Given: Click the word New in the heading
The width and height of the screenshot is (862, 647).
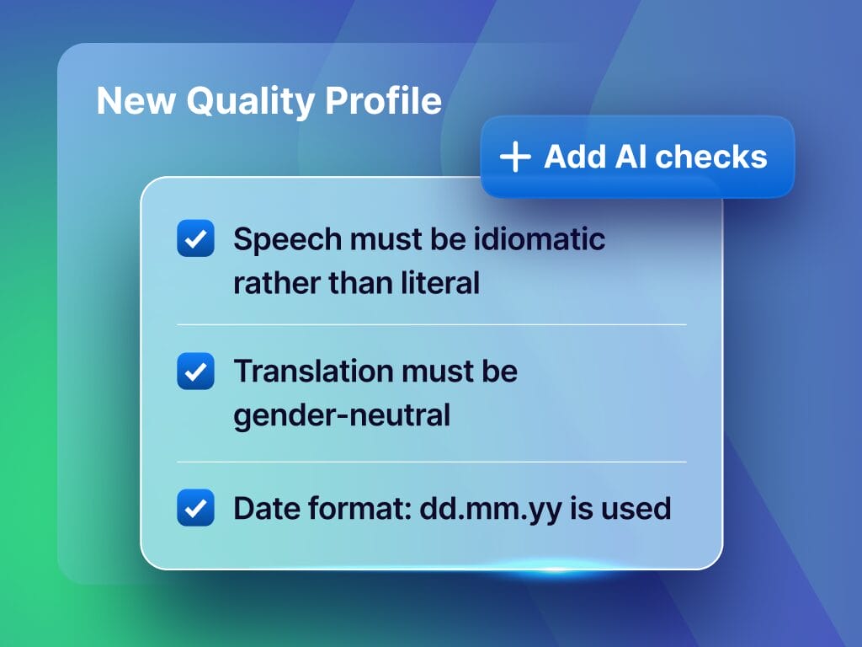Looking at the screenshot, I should [x=135, y=102].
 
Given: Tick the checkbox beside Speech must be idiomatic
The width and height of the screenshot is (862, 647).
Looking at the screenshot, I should [x=195, y=239].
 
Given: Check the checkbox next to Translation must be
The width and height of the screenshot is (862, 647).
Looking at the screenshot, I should [x=195, y=372].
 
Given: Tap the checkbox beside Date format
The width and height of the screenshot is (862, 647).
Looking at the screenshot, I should [x=195, y=508].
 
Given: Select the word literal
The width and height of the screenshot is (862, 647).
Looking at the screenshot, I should [x=442, y=282].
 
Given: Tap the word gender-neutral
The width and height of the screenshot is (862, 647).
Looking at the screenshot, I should [x=342, y=415].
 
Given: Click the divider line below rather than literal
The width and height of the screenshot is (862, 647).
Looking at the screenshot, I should [x=431, y=324].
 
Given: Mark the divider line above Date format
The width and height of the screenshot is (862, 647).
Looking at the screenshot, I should [x=431, y=462].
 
